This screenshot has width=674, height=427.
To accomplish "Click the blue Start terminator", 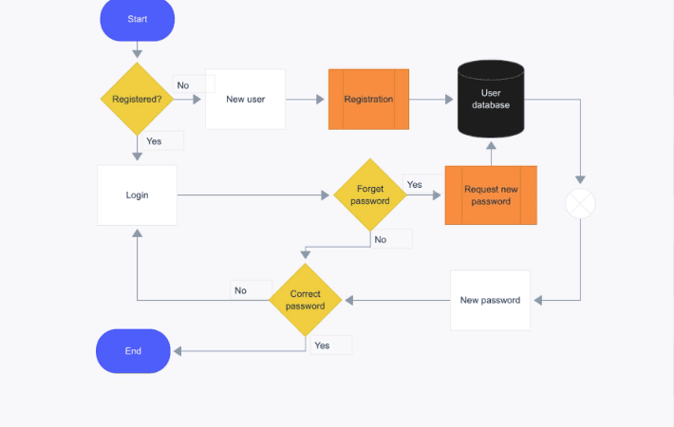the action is [x=137, y=19].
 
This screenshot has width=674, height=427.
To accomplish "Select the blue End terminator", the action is [x=133, y=351].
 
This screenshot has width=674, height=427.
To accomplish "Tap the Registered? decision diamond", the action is [x=137, y=99].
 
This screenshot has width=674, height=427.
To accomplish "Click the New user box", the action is [x=246, y=100].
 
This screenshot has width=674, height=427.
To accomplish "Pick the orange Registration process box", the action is [x=369, y=100].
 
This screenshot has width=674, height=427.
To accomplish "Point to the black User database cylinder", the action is [x=491, y=99].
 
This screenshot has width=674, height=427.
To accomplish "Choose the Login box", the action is [x=137, y=195].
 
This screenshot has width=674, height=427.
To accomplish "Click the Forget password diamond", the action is [x=370, y=195].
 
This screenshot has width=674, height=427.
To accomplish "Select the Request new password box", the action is [x=491, y=195].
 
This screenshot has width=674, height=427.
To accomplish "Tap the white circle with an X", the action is [x=580, y=204].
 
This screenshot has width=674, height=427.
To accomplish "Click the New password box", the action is [x=490, y=300].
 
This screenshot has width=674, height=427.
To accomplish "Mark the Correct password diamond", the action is [x=305, y=300].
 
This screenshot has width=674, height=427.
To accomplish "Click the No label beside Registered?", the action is [x=183, y=85].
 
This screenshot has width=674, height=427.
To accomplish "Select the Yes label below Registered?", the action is [x=154, y=141].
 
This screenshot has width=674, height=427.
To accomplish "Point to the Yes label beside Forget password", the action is [x=415, y=184].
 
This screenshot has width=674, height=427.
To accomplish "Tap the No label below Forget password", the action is [x=381, y=240].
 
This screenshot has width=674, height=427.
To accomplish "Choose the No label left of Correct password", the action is [x=241, y=290].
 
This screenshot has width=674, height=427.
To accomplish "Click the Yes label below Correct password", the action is [x=322, y=345].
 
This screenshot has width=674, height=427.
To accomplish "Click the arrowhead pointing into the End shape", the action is [x=178, y=351].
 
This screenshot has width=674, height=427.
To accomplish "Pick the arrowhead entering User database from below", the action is [x=491, y=145].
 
